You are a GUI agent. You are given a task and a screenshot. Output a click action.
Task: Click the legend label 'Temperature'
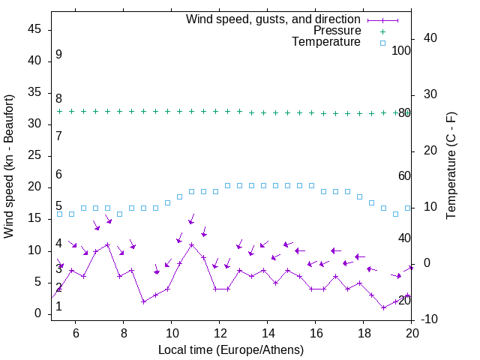pyautogui.click(x=326, y=43)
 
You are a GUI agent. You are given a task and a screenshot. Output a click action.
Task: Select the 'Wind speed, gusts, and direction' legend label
pyautogui.click(x=274, y=19)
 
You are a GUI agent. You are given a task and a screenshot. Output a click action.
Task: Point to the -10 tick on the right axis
pyautogui.click(x=431, y=319)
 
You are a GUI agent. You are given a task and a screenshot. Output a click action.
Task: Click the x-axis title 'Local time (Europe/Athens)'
pyautogui.click(x=231, y=349)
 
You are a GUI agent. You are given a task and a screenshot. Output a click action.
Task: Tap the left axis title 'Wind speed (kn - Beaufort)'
pyautogui.click(x=10, y=166)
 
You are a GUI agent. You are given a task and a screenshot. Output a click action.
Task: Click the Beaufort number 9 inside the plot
pyautogui.click(x=58, y=55)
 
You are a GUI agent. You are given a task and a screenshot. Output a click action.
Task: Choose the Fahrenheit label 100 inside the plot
pyautogui.click(x=401, y=51)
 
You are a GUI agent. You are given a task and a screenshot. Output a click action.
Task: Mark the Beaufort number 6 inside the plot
pyautogui.click(x=58, y=175)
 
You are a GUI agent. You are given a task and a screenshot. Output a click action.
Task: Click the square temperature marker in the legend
pyautogui.click(x=382, y=43)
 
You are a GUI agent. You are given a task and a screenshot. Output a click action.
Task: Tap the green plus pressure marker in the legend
pyautogui.click(x=382, y=31)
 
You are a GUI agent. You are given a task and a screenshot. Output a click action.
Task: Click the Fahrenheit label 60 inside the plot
pyautogui.click(x=404, y=175)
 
